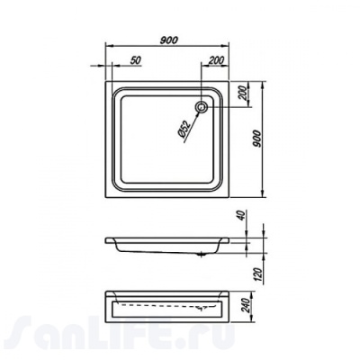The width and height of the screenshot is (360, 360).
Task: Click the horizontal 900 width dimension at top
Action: [169, 40]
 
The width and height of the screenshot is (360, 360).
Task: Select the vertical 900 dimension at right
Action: [256, 139]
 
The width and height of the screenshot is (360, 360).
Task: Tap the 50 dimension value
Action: [136, 60]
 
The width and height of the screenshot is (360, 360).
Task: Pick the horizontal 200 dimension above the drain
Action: [216, 60]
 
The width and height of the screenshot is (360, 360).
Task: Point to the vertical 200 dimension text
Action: [244, 93]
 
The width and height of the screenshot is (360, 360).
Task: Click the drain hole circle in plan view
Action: [202, 107]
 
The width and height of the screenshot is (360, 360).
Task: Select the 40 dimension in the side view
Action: [242, 215]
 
